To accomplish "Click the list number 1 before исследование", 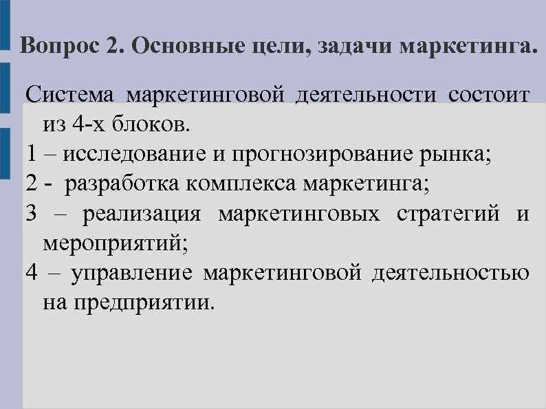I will click(31, 155).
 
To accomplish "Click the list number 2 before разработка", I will click(31, 184).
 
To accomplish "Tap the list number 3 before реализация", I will click(31, 214).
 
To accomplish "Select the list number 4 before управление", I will click(31, 273).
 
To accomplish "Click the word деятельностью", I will click(451, 273).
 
